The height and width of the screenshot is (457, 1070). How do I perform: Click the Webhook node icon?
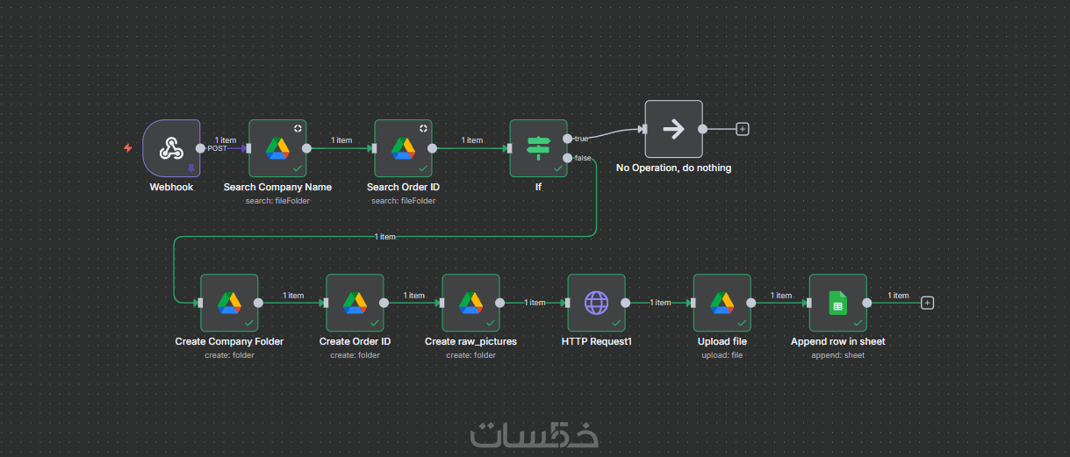171,148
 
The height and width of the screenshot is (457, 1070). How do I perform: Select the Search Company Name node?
277,148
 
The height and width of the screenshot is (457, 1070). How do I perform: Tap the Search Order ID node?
403,148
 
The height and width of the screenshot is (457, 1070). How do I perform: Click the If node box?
538,148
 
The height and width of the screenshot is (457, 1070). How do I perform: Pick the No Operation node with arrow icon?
673,129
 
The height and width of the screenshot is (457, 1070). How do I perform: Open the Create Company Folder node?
229,303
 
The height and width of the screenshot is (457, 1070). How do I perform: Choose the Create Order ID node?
355,303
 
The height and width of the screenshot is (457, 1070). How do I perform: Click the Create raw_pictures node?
470,303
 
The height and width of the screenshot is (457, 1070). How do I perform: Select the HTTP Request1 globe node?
596,303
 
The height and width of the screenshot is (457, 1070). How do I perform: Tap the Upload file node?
722,303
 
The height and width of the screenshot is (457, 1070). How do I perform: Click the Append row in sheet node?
837,303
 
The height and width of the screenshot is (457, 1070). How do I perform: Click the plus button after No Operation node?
743,129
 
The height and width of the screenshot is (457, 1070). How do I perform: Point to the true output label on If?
581,139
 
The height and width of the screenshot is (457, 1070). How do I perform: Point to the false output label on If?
582,158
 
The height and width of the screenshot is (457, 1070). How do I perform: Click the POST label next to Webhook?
217,149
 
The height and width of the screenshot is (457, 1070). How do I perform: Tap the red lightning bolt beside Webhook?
128,148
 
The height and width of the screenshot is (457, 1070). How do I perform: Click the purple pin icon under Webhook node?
190,168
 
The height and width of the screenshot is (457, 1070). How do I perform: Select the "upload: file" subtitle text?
722,355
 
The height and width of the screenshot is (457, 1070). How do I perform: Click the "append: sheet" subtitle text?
837,355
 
